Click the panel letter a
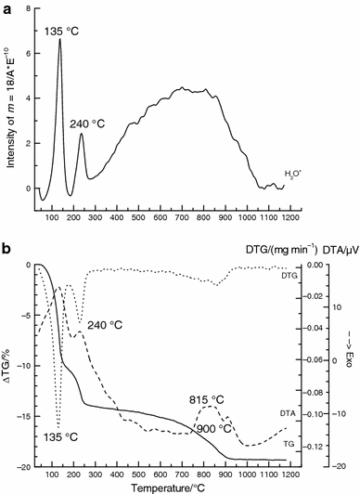click(6, 9)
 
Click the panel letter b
click(6, 249)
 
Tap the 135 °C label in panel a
click(61, 32)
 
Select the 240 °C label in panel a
click(87, 124)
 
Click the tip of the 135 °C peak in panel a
click(59, 39)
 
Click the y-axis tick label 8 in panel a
click(28, 9)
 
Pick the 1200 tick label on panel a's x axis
click(290, 217)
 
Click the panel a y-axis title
click(12, 108)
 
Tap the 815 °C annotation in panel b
click(206, 400)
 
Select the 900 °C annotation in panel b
click(214, 429)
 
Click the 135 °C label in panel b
click(60, 437)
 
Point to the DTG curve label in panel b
click(289, 276)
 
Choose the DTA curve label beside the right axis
click(288, 413)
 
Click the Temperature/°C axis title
click(168, 488)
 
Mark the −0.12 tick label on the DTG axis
click(314, 446)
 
